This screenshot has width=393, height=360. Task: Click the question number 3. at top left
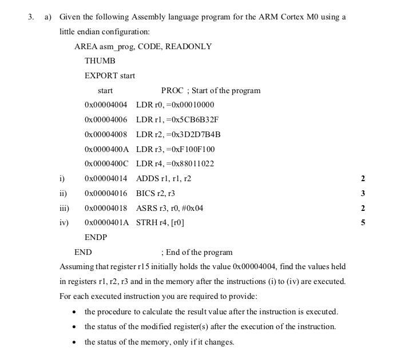tap(31, 17)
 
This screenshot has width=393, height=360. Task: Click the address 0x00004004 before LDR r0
tap(105, 105)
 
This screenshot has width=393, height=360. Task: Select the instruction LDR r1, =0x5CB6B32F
tap(177, 119)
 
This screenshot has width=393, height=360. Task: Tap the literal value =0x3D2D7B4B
tap(194, 134)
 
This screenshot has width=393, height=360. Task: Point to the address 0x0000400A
tap(106, 149)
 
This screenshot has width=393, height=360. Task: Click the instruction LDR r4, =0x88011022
tap(175, 164)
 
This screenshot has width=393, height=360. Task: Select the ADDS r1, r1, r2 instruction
tap(164, 179)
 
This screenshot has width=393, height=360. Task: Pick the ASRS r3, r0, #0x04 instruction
tap(169, 209)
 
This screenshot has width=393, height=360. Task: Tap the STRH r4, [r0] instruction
tap(160, 223)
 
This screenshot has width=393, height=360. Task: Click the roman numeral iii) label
tap(64, 209)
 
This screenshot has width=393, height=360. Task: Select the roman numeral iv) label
tap(63, 223)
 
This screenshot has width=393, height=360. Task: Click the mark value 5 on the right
tap(363, 223)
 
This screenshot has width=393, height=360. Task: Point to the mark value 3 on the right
tap(363, 194)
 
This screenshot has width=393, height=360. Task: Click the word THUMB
tap(100, 61)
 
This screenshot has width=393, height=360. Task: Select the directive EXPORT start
tap(110, 75)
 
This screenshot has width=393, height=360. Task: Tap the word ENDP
tap(96, 237)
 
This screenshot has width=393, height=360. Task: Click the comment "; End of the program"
tap(197, 252)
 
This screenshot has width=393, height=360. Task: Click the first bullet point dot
tap(74, 312)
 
